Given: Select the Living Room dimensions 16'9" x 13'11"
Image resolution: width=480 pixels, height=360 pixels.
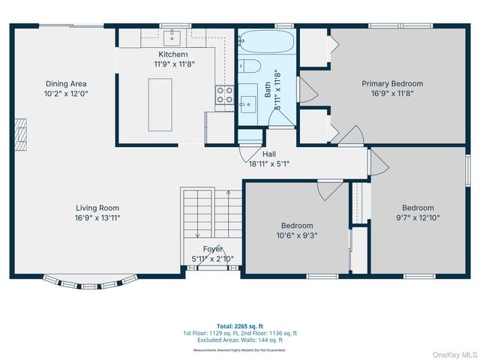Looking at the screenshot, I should click(x=97, y=217).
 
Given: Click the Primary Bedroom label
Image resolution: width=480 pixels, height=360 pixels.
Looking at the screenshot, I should click(x=392, y=84).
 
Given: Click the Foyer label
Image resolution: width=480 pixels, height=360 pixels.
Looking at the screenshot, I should click(x=213, y=249).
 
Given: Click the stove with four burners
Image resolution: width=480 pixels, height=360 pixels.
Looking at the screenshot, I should click(x=224, y=94).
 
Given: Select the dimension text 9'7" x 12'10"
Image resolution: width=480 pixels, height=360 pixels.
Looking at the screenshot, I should click(x=418, y=217).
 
